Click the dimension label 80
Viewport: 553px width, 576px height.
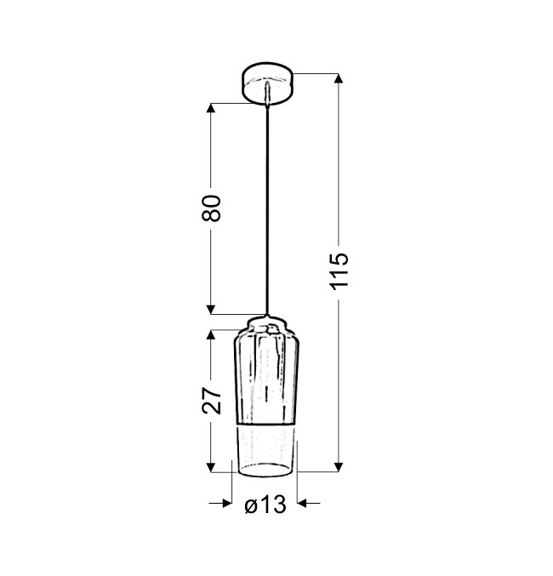tap(212, 208)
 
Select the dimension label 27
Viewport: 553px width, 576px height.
tap(212, 401)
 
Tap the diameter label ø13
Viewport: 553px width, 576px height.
tap(265, 505)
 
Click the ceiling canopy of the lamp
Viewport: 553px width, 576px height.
tap(267, 83)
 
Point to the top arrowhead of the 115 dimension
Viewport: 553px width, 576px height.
tap(339, 78)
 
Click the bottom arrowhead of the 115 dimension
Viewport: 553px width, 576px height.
tap(339, 467)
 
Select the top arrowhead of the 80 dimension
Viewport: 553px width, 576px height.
tap(210, 108)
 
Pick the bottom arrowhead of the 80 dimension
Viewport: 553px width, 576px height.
tap(210, 310)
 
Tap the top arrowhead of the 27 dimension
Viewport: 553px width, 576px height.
tap(210, 334)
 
